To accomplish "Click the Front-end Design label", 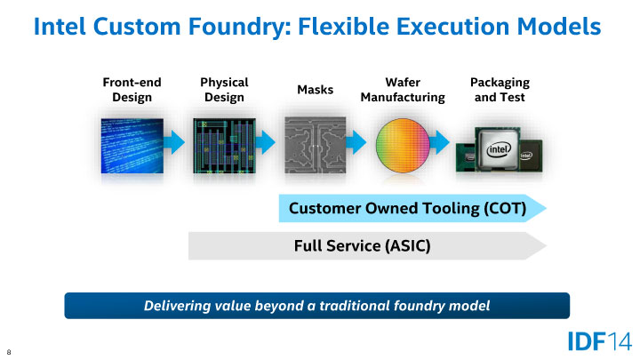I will (x=132, y=89).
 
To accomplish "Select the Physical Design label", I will (x=223, y=89).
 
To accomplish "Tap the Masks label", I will (x=314, y=90).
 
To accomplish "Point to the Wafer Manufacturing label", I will (x=402, y=89).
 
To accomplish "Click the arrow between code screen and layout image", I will (x=176, y=141).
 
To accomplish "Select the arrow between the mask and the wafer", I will (x=357, y=141).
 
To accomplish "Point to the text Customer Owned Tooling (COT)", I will (x=408, y=209).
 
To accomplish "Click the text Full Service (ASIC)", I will (x=362, y=245).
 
